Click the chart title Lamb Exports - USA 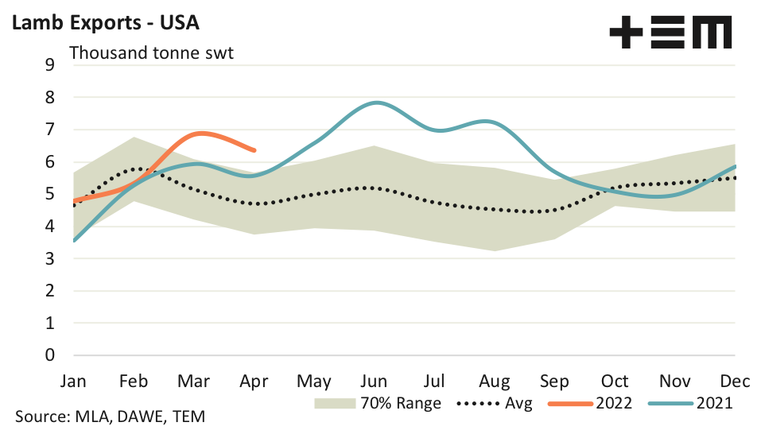coord(103,22)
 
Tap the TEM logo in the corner coord(670,33)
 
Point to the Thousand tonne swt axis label coord(152,54)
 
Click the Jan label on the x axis coord(74,381)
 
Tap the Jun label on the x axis coord(374,381)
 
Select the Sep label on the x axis coord(554,381)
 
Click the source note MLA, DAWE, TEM coord(110,416)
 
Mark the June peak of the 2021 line coord(376,103)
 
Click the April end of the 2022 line coord(254,149)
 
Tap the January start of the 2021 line coord(74,240)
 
